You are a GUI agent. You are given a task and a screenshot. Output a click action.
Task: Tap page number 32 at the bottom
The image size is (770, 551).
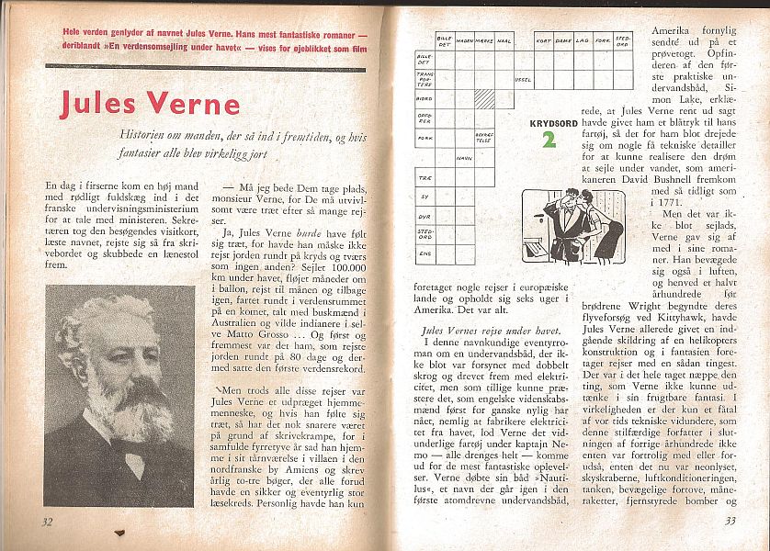[x=48, y=521]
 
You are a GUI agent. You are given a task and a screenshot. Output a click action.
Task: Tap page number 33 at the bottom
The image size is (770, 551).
[x=730, y=521]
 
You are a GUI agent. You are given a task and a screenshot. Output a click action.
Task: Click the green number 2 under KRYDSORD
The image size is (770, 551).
[x=548, y=140]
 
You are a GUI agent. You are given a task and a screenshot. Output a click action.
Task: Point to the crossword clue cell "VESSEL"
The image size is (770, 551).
[x=522, y=80]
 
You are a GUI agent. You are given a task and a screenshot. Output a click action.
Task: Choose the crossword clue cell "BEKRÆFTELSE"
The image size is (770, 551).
[x=484, y=137]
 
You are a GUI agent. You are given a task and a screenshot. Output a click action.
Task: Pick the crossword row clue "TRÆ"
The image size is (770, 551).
[x=424, y=177]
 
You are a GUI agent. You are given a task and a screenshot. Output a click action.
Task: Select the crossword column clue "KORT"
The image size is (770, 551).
[x=543, y=41]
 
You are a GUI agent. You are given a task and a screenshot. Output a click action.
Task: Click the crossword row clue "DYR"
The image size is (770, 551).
[x=424, y=215]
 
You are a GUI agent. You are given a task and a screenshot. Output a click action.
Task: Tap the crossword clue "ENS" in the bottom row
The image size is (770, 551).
[x=424, y=253]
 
